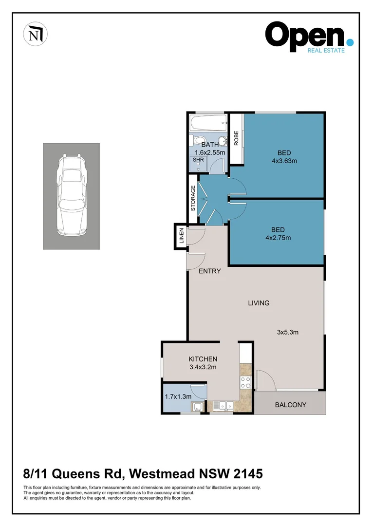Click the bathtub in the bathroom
[208, 122]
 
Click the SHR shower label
[198, 159]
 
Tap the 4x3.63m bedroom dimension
[284, 161]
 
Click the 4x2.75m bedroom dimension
[278, 238]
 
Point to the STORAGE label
[193, 198]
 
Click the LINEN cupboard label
[181, 236]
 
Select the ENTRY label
[210, 271]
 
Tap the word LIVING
[259, 303]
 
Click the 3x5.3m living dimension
[287, 333]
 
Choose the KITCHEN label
[203, 359]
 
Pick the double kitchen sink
[225, 405]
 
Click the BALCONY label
[290, 405]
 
